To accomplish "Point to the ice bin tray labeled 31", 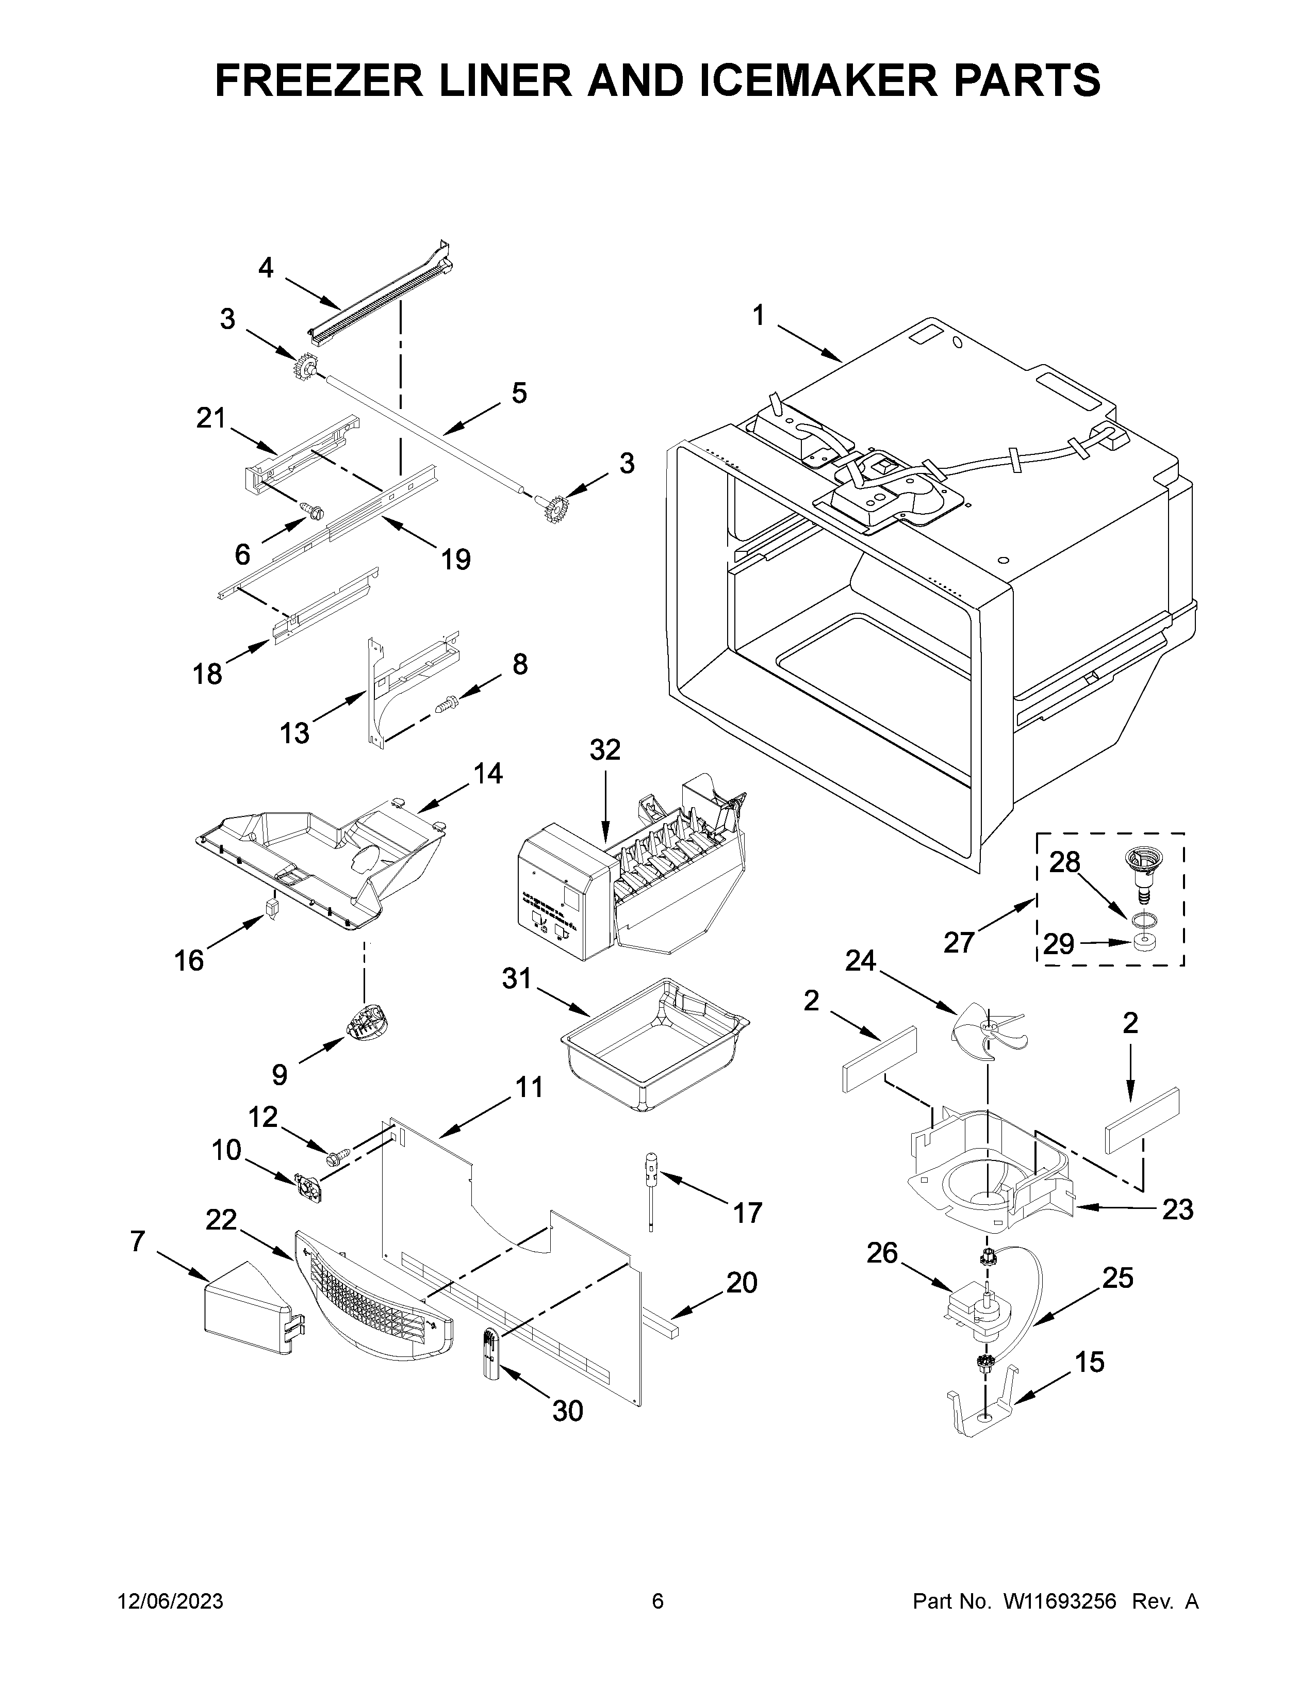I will (x=653, y=1044).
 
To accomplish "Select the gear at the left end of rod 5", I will (x=306, y=366).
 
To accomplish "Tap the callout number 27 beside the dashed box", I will (x=959, y=942).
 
